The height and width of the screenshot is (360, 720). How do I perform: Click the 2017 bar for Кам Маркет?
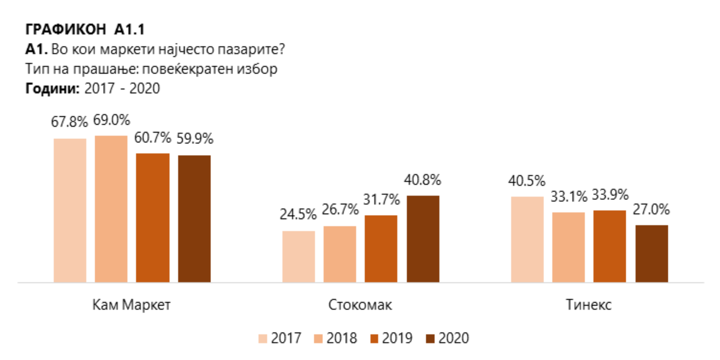coord(70,210)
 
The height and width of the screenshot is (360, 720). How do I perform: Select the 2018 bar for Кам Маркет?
coord(111,209)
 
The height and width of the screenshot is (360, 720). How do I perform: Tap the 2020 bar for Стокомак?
coord(423,239)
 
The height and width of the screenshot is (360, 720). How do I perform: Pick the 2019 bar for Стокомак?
coord(381,249)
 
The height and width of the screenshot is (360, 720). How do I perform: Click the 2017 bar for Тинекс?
coord(527,239)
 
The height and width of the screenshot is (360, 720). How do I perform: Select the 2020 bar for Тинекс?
coord(651,253)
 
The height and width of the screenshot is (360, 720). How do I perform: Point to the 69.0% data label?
coord(111,120)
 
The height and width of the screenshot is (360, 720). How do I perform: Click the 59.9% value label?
coord(195,138)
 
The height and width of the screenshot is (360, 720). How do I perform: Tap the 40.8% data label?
coord(422,180)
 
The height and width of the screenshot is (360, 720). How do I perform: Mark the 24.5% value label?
coord(298,215)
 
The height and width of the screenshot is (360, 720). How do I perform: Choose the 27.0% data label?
coord(651,209)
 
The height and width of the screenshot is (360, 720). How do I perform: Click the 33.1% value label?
coord(569,197)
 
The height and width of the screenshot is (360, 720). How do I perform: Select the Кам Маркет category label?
coord(131,305)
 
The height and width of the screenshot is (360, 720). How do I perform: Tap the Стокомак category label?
coord(360,305)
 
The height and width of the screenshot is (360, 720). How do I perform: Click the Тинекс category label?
coord(589,305)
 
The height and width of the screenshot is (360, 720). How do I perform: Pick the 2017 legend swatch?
coord(262,339)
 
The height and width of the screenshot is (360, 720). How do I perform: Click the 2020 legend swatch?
coord(430,339)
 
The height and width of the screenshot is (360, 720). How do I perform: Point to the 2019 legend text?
coord(397,338)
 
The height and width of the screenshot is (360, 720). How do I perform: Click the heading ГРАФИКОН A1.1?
coord(85,29)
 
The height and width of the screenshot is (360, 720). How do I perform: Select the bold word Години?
coord(52,89)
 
